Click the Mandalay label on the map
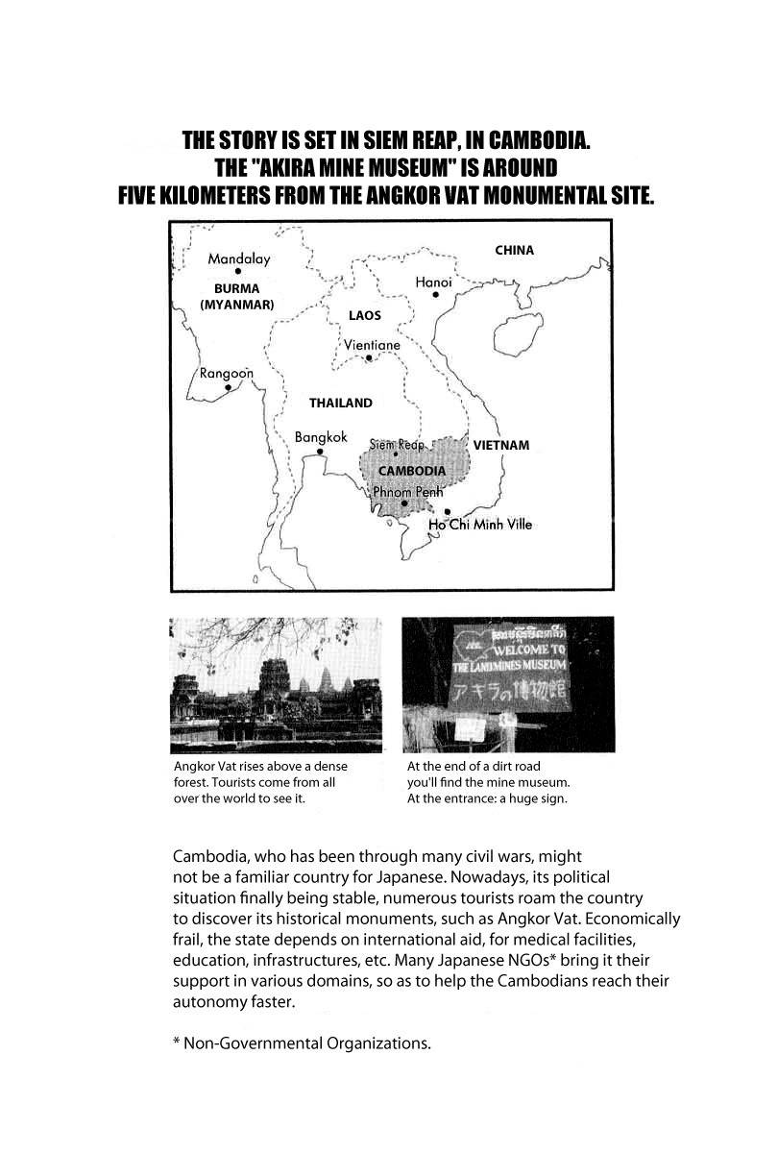click(x=239, y=258)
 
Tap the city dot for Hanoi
click(x=435, y=295)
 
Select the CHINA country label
click(x=514, y=251)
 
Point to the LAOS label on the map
click(x=364, y=315)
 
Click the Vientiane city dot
click(x=369, y=359)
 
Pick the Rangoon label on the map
click(x=227, y=374)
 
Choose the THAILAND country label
click(x=340, y=404)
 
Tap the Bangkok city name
click(x=320, y=437)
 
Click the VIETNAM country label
click(x=501, y=446)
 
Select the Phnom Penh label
click(x=406, y=491)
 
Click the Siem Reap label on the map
click(x=397, y=445)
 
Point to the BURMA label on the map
click(x=236, y=287)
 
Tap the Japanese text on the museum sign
click(x=509, y=691)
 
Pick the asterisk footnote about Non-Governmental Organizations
click(x=302, y=1043)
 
